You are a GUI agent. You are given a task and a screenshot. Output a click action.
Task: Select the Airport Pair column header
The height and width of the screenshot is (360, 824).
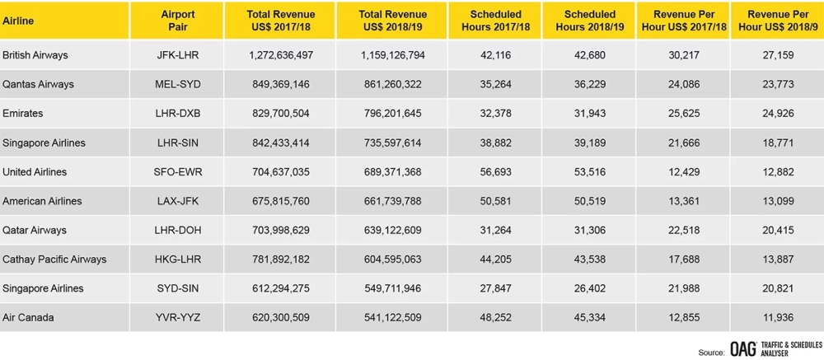click(177, 21)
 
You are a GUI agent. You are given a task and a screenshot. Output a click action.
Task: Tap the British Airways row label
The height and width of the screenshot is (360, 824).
click(35, 55)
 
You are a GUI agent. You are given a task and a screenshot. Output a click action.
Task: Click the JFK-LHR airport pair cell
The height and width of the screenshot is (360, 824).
click(177, 55)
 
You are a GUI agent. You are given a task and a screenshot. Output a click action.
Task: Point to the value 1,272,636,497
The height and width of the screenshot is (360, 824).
click(280, 55)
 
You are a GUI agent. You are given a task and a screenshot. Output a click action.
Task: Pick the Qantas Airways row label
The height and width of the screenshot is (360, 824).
click(39, 84)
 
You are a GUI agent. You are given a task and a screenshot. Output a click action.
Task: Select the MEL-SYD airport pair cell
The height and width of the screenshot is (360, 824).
click(177, 84)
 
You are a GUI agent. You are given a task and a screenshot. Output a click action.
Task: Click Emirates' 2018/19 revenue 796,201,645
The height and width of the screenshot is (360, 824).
click(391, 114)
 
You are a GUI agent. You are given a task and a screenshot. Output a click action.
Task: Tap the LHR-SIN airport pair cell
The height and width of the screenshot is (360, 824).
click(177, 143)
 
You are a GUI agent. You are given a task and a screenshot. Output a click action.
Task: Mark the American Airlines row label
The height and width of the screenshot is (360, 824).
click(41, 201)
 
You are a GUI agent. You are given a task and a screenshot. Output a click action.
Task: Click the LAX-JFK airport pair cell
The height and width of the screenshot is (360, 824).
click(177, 201)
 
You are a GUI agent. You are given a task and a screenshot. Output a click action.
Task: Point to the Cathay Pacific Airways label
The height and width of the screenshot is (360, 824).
click(54, 259)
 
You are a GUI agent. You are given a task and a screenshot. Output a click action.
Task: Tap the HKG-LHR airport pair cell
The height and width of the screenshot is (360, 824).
click(177, 259)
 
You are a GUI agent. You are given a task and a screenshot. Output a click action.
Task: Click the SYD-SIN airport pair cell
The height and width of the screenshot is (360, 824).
click(177, 288)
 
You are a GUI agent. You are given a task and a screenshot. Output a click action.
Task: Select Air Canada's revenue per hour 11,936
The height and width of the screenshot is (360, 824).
click(780, 318)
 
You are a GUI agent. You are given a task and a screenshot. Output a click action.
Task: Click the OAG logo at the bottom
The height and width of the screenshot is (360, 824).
click(743, 349)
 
